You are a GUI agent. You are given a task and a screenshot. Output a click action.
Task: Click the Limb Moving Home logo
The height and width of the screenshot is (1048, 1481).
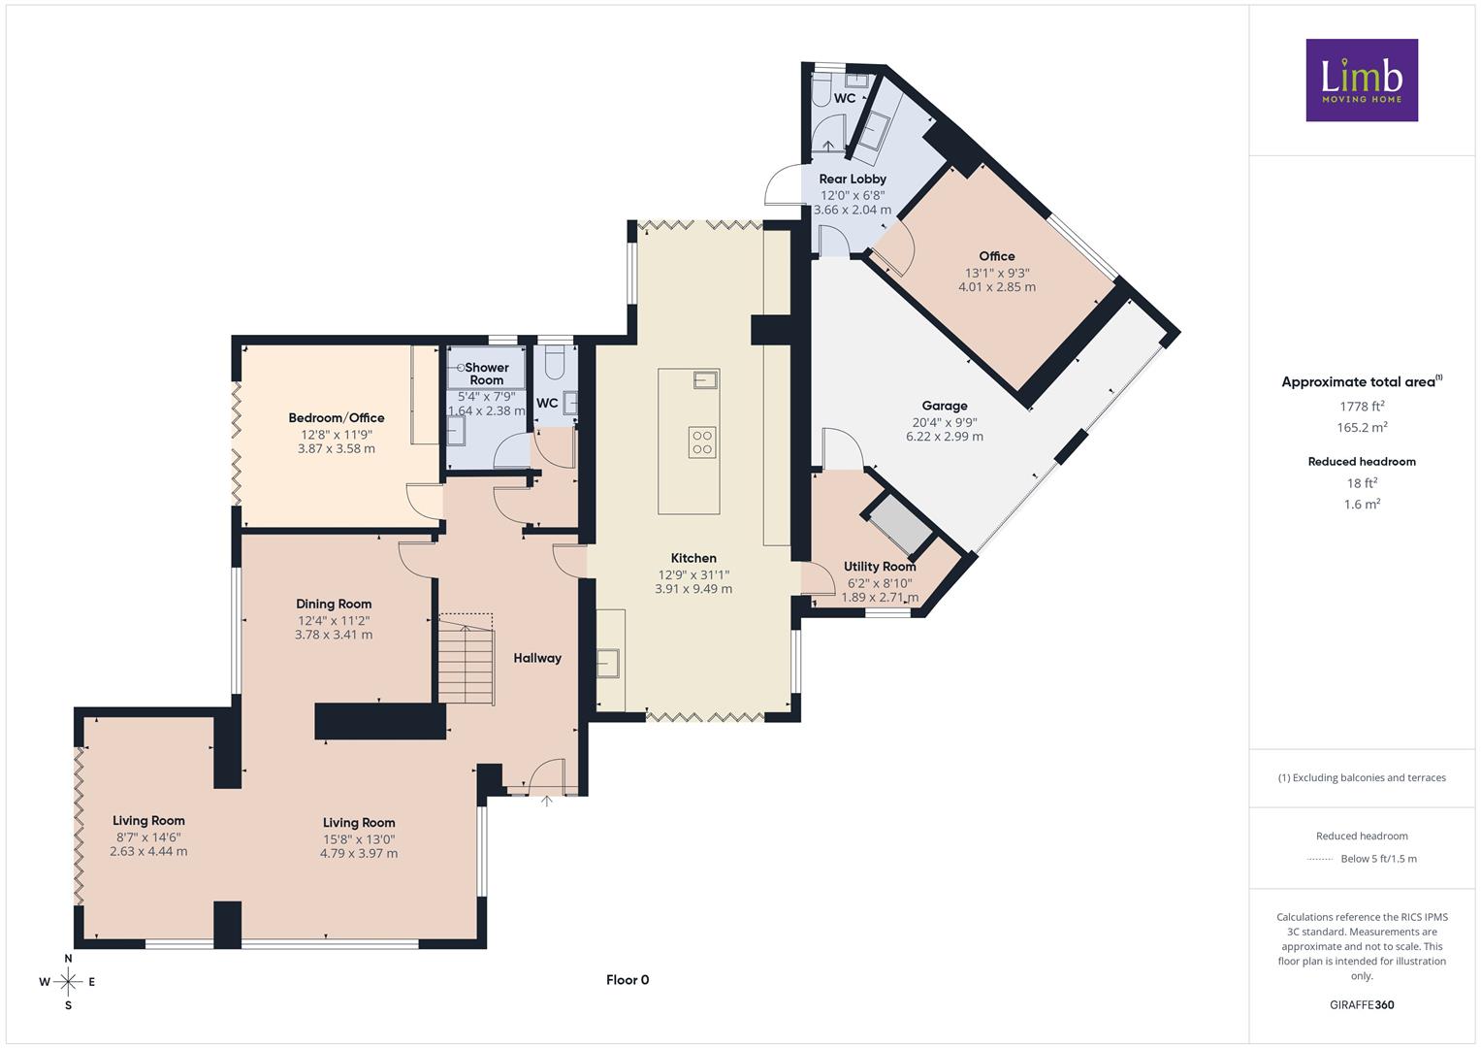(x=1362, y=80)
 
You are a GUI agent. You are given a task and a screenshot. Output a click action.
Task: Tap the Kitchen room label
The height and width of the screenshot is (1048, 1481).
(x=693, y=558)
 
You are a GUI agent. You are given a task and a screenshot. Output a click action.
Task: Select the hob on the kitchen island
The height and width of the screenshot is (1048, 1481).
(x=702, y=442)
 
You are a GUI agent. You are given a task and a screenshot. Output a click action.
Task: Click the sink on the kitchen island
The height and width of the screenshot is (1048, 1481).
(x=705, y=379)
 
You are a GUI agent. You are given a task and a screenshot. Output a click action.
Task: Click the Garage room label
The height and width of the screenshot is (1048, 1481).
(x=945, y=406)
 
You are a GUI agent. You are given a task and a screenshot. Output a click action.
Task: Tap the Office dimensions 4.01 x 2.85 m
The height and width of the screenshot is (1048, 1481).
(x=997, y=286)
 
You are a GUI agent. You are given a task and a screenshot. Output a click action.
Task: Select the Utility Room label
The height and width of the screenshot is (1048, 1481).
(x=880, y=567)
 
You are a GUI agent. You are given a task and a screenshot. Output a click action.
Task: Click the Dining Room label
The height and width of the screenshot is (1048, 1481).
(x=334, y=604)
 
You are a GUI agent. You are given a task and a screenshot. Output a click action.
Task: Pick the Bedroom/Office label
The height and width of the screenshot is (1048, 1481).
(x=337, y=417)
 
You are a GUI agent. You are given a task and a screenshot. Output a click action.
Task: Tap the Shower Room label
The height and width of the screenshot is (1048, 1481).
(x=487, y=374)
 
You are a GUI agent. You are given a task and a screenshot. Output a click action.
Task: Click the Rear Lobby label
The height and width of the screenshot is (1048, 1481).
(x=853, y=179)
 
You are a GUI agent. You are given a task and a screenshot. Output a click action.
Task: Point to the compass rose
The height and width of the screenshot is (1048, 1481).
(x=68, y=982)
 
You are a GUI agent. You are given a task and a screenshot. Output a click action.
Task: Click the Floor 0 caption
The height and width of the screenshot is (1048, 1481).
(x=628, y=980)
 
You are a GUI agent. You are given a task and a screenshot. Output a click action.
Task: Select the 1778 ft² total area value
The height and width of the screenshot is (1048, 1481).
(x=1362, y=407)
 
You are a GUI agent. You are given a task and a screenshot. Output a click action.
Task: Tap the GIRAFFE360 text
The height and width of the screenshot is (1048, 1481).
(x=1362, y=1004)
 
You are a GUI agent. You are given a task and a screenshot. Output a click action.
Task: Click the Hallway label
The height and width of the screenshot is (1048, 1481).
(x=537, y=658)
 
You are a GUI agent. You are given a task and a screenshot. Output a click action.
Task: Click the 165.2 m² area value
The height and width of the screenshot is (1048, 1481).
(x=1362, y=427)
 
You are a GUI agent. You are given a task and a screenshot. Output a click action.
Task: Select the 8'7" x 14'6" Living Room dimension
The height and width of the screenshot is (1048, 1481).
(x=148, y=836)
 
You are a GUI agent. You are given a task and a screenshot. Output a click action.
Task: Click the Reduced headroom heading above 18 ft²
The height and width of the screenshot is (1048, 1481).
(x=1362, y=461)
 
